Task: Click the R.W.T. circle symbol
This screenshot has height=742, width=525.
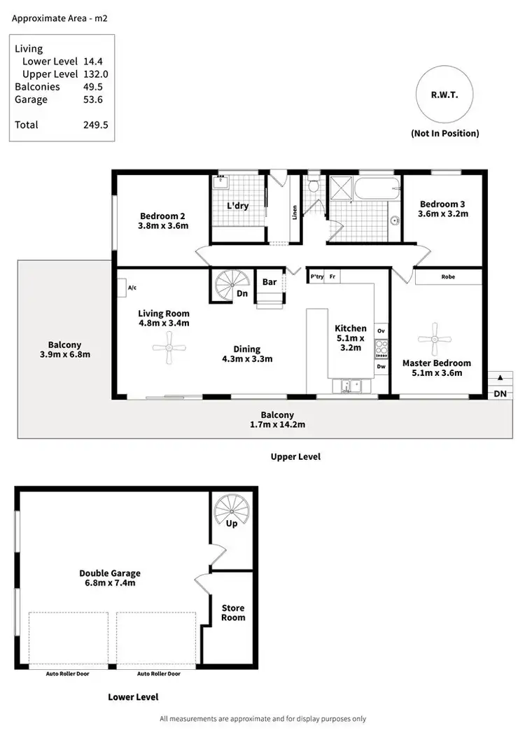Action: [x=444, y=97]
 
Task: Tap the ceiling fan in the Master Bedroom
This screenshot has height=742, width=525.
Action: [x=435, y=339]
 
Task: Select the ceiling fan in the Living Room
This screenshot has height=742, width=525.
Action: [x=169, y=348]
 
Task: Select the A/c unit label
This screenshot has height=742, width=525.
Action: [x=132, y=287]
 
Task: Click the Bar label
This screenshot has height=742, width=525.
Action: [x=269, y=282]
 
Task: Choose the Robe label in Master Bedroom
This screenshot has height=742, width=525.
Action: [x=448, y=277]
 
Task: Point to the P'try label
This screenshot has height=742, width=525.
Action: [x=316, y=276]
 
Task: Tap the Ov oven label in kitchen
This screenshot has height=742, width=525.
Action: [x=381, y=330]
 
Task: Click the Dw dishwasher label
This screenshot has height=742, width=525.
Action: [x=381, y=365]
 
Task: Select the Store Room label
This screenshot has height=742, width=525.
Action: [x=233, y=612]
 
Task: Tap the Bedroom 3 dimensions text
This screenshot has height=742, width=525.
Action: [x=442, y=213]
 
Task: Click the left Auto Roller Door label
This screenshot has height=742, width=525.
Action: [x=68, y=673]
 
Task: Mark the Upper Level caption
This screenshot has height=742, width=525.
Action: [x=295, y=456]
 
